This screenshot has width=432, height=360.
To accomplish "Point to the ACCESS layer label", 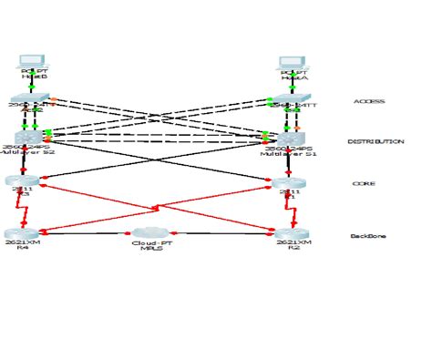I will click(x=368, y=101).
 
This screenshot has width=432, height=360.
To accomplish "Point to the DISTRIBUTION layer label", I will click(x=375, y=141).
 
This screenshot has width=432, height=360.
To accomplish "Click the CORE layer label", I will click(x=363, y=184).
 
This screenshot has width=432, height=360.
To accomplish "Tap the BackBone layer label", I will click(x=368, y=236).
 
